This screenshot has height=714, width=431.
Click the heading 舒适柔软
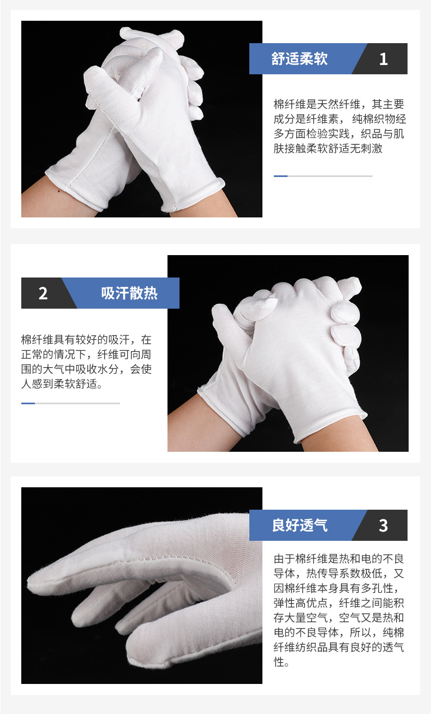point(299,58)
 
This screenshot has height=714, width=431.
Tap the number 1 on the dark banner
point(383,59)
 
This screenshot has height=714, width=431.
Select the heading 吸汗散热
point(129,293)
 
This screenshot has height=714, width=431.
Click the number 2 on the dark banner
point(43,293)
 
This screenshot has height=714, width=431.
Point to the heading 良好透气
point(300,526)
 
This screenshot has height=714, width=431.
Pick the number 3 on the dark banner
point(383,526)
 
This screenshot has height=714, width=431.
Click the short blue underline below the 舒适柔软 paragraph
point(280,176)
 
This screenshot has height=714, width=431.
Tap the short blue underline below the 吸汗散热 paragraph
point(28,403)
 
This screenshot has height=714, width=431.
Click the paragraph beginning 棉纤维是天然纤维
point(339,126)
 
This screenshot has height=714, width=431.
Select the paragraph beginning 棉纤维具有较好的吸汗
point(86,362)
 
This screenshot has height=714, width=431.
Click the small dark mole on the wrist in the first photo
point(59,192)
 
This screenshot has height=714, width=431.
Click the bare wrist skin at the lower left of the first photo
point(48,201)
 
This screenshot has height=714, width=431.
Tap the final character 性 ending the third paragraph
point(279,662)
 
